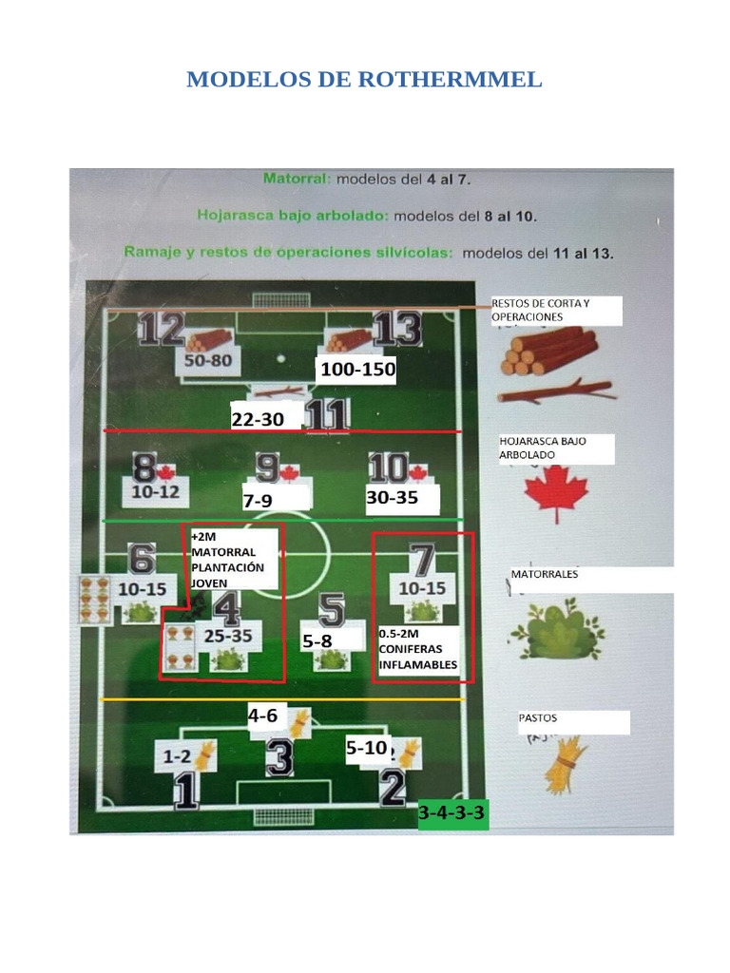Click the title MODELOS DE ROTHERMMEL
364,80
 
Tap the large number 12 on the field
161,330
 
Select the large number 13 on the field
396,330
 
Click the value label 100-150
357,370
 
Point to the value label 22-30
258,419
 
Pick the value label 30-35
393,497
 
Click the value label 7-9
259,501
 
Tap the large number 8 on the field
144,469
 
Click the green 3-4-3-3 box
453,813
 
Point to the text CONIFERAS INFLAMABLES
418,657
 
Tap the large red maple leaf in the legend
557,494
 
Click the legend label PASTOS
538,719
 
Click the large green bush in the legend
554,628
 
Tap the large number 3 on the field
279,757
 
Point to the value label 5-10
367,749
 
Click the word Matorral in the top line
296,178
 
